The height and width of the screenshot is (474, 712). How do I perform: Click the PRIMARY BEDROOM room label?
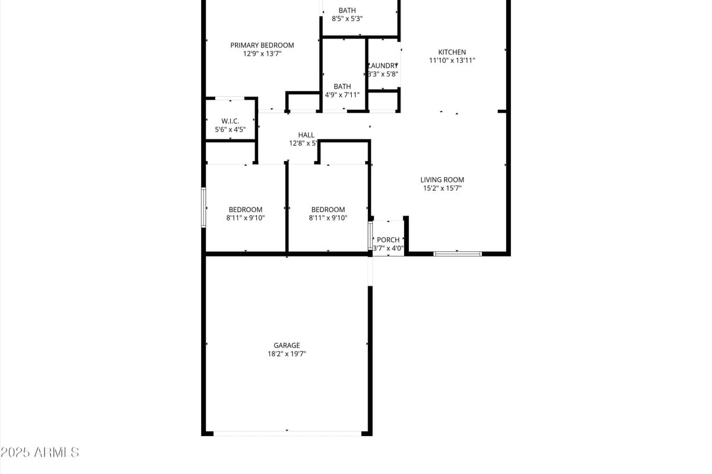(262, 45)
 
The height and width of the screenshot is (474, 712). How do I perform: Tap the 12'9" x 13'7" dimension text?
(262, 54)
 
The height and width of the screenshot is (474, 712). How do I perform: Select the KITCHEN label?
(452, 52)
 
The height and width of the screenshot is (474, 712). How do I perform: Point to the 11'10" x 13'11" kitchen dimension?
(452, 60)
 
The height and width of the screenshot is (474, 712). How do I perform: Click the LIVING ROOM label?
(442, 180)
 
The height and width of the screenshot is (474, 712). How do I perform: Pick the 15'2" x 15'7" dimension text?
(442, 188)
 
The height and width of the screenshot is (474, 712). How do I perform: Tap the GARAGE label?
(287, 345)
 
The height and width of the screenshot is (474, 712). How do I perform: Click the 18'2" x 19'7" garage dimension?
(287, 354)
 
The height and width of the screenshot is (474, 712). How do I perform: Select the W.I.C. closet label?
(230, 121)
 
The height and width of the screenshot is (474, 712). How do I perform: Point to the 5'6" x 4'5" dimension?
(230, 129)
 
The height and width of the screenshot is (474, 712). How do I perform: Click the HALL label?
(306, 135)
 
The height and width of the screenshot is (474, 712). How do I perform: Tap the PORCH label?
(389, 240)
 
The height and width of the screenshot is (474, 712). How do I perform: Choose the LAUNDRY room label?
(383, 66)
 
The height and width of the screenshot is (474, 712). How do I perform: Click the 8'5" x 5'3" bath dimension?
(347, 18)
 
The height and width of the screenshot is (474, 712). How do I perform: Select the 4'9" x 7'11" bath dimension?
(342, 95)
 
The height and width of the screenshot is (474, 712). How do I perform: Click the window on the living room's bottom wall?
(457, 254)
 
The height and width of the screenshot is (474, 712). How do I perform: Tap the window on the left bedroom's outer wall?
(204, 207)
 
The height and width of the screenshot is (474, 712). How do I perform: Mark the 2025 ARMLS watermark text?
(40, 453)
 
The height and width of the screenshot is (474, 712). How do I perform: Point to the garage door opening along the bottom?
(287, 433)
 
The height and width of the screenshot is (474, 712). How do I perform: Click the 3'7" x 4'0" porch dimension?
(389, 248)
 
